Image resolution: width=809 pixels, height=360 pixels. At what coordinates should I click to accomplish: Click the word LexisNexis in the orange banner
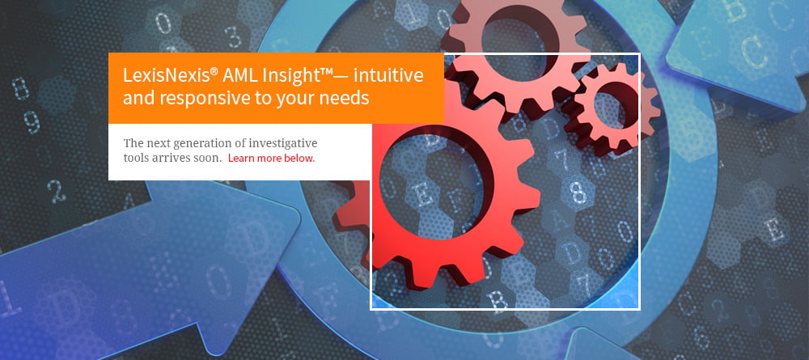[x=166, y=75]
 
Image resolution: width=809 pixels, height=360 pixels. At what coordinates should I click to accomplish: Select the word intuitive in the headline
[x=389, y=75]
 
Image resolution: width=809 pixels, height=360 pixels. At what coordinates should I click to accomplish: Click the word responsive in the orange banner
[x=197, y=98]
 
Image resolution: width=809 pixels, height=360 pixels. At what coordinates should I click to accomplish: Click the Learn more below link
[x=271, y=158]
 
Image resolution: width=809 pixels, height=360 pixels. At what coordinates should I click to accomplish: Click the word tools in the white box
[x=135, y=158]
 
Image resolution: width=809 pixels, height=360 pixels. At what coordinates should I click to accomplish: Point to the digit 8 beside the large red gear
[x=578, y=190]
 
